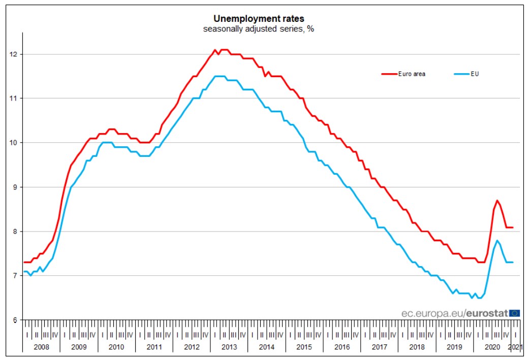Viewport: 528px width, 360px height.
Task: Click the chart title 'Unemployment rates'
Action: [x=259, y=19]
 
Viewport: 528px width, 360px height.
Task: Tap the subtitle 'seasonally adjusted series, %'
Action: [x=259, y=29]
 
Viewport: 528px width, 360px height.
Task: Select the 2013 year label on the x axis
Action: [x=229, y=347]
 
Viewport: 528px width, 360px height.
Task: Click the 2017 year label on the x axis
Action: [x=379, y=347]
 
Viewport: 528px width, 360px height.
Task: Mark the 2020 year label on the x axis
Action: [x=492, y=347]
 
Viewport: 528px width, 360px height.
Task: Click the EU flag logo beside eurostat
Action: [x=514, y=313]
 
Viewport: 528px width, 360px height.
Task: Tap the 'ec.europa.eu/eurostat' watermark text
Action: [x=454, y=313]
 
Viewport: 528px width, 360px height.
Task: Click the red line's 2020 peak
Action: [x=497, y=201]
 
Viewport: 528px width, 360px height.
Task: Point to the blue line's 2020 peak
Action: [x=497, y=241]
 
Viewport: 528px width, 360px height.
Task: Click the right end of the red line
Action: [x=513, y=227]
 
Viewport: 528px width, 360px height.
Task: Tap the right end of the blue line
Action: [x=513, y=262]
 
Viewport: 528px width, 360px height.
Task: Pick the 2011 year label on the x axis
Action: [x=153, y=347]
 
